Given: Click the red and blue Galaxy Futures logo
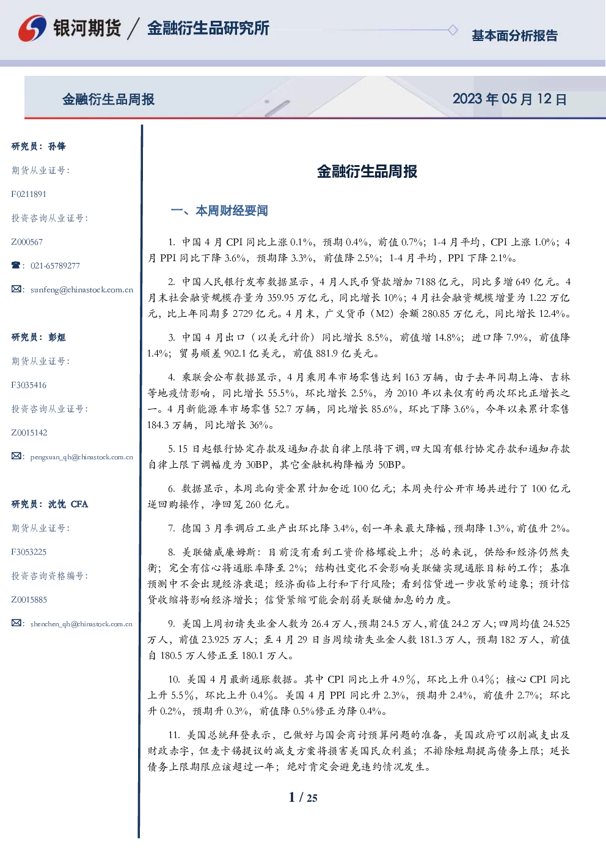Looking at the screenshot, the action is click(x=32, y=28).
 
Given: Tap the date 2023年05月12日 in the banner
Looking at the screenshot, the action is click(x=509, y=99).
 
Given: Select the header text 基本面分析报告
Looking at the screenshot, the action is click(x=514, y=35).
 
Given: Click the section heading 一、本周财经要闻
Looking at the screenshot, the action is click(x=219, y=210).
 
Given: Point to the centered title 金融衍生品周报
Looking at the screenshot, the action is click(x=367, y=171).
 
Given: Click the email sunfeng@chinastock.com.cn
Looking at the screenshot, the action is click(x=82, y=290).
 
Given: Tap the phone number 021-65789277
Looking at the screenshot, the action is click(x=55, y=265).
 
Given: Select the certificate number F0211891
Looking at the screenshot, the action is click(x=29, y=194).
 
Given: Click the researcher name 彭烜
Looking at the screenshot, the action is click(x=57, y=337).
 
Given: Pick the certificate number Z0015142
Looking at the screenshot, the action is click(x=29, y=433).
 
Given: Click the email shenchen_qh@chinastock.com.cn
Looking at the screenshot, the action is click(x=81, y=624).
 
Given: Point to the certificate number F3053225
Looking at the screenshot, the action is click(x=29, y=552).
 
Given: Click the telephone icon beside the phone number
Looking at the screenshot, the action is click(x=16, y=265).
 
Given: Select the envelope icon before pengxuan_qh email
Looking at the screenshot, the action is click(x=16, y=456).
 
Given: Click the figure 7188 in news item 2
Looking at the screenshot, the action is click(x=425, y=282).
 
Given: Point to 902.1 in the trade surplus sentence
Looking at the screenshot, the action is click(x=235, y=353).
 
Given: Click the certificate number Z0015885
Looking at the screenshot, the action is click(x=29, y=600).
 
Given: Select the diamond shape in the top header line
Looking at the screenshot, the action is click(x=453, y=30).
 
